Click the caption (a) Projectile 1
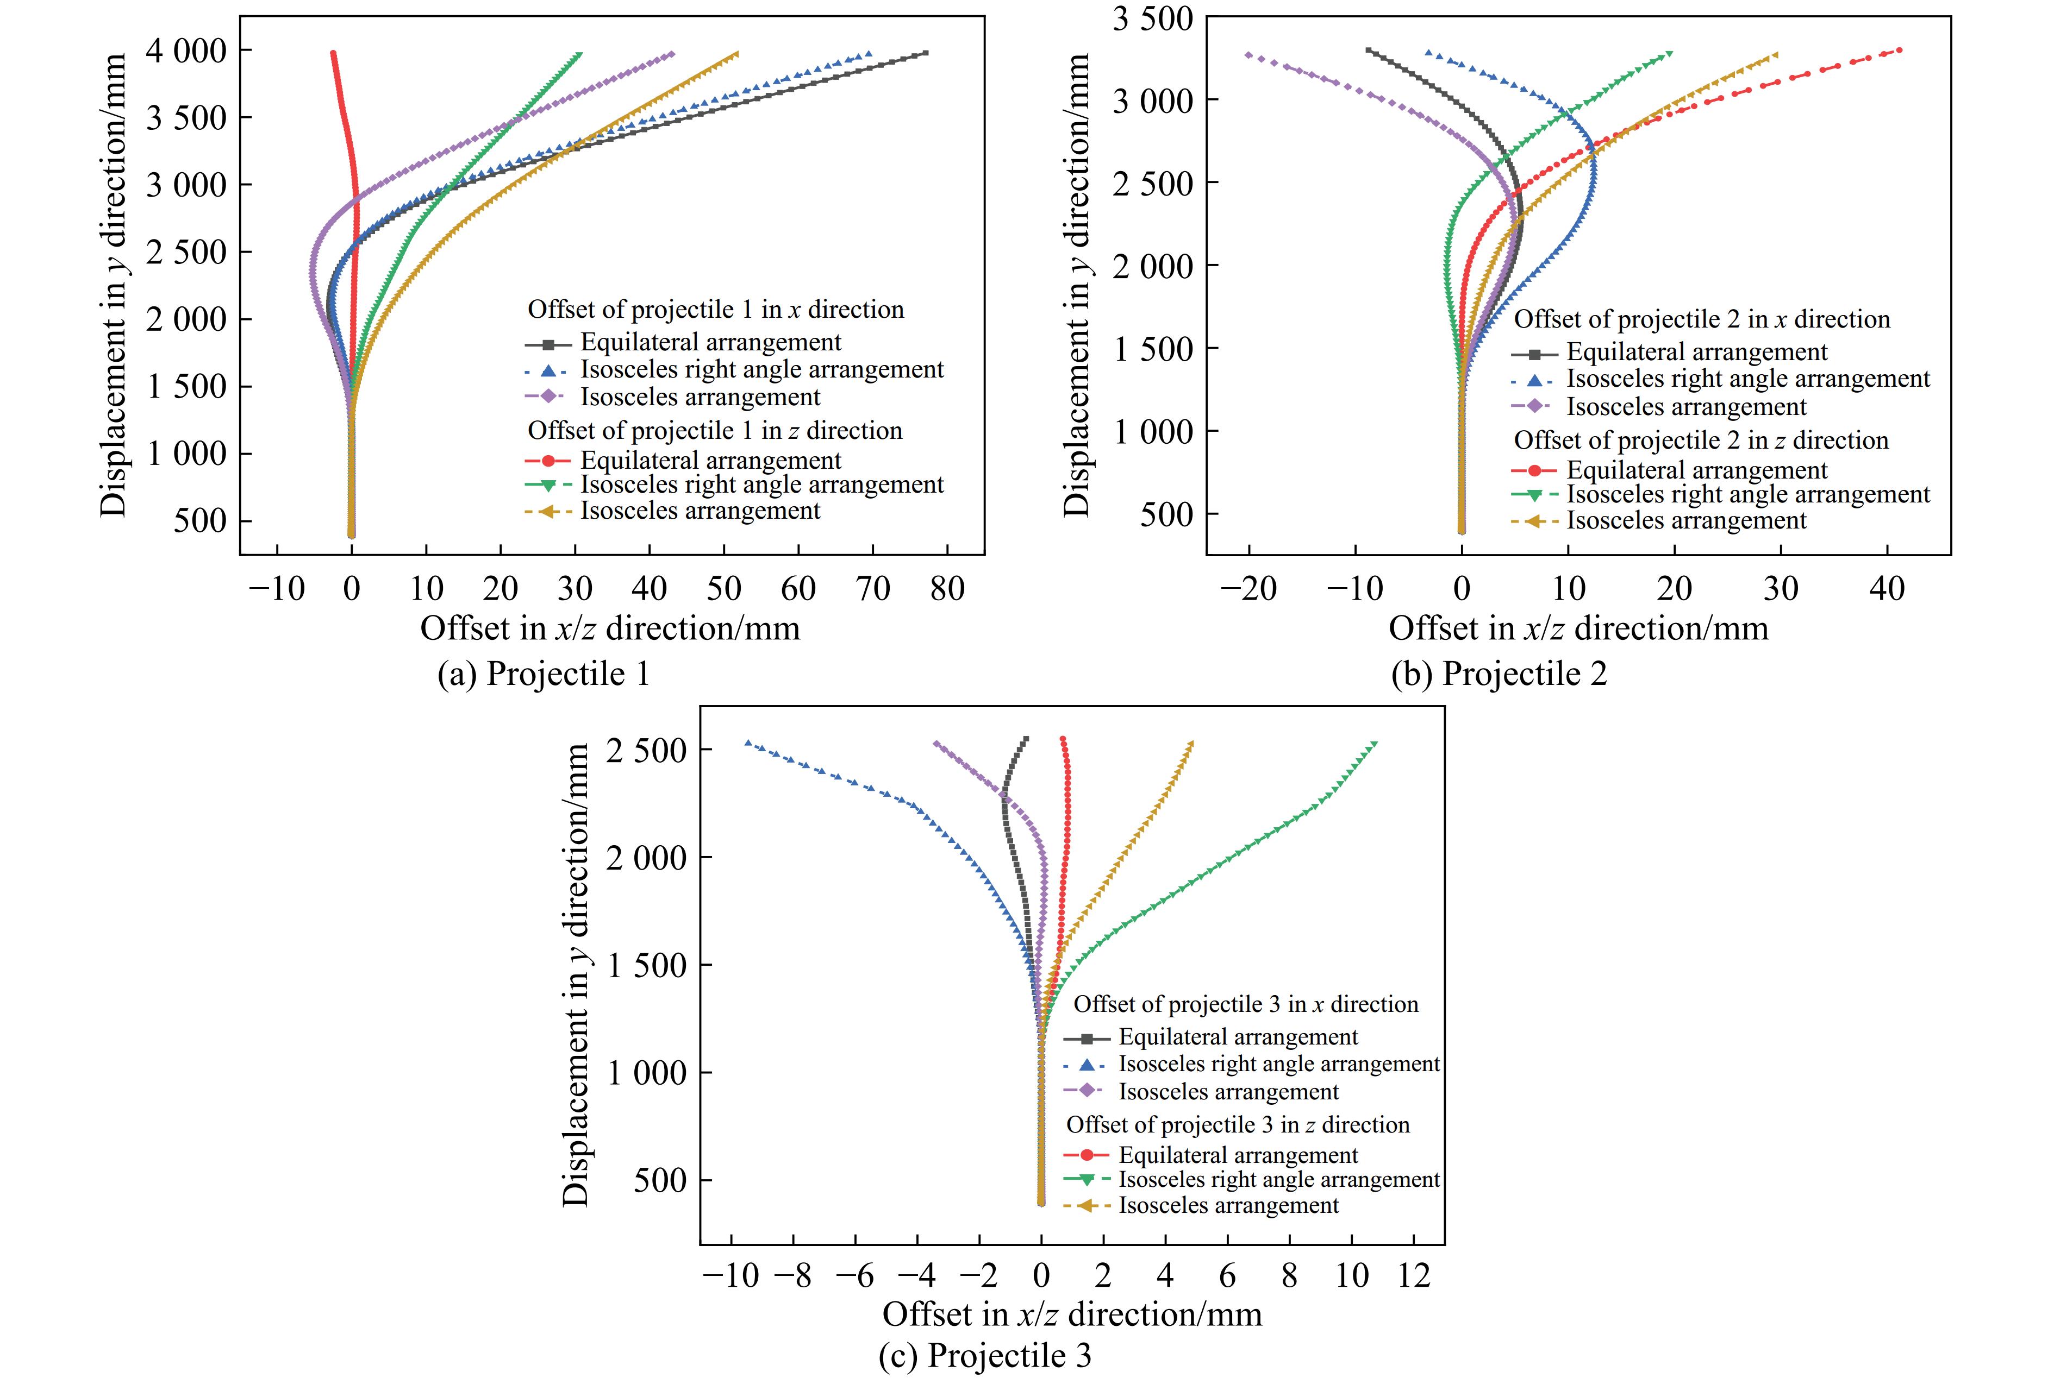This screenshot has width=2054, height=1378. click(x=544, y=674)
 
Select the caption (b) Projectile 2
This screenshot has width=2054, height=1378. click(x=1499, y=674)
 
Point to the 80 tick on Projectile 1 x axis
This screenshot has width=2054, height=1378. click(x=947, y=588)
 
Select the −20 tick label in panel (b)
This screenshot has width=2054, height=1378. click(x=1248, y=588)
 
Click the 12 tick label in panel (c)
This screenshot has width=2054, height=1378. click(x=1414, y=1275)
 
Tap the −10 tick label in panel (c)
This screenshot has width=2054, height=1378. click(x=731, y=1275)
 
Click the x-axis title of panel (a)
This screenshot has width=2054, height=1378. click(x=610, y=628)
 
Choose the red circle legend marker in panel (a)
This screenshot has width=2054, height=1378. click(x=548, y=461)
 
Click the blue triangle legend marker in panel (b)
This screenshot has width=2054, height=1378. click(x=1534, y=380)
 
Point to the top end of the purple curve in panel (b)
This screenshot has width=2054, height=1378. click(x=1248, y=54)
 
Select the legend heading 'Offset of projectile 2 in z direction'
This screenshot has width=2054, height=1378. click(x=1701, y=441)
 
